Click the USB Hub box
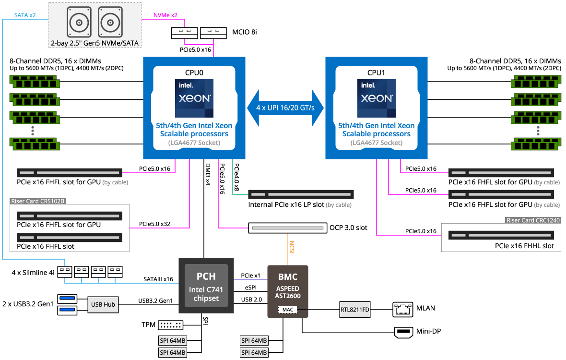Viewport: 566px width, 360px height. tap(103, 304)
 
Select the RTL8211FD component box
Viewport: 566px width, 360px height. tap(355, 309)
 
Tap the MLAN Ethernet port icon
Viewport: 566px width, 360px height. tap(402, 309)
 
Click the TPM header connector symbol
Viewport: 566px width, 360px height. tap(170, 325)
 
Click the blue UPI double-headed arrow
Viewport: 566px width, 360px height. tap(286, 108)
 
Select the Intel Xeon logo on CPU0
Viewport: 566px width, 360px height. tap(194, 98)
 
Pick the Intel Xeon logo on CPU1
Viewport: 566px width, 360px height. tap(376, 98)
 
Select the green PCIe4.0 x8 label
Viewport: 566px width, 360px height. tap(236, 175)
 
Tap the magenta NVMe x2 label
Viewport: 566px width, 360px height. tap(165, 15)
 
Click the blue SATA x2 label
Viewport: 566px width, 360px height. tap(25, 15)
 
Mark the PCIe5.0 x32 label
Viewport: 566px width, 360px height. tap(154, 224)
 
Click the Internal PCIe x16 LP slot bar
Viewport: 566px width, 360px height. tap(301, 194)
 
